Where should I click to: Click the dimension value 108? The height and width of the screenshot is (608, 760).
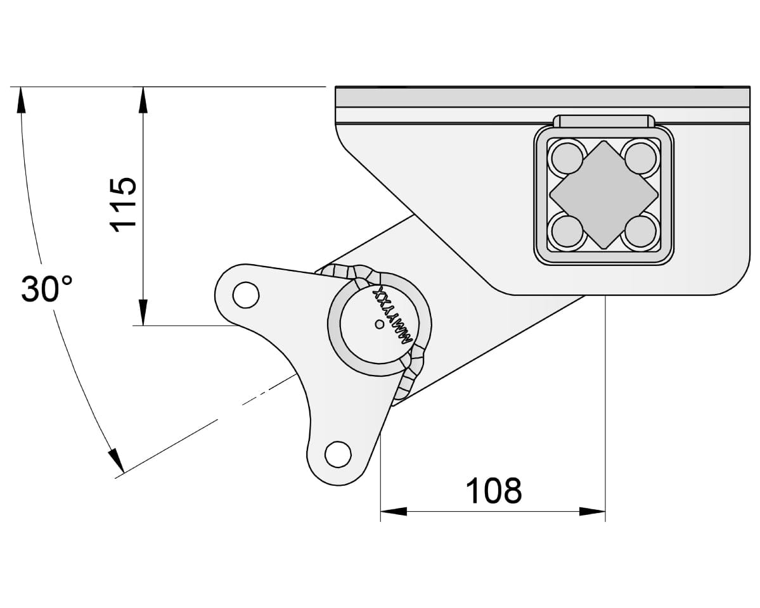pos(493,490)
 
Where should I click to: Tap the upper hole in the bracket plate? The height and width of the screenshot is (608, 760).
pos(245,294)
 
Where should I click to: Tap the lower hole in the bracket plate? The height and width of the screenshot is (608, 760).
pos(337,453)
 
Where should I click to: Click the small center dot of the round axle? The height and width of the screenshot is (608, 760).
pos(378,324)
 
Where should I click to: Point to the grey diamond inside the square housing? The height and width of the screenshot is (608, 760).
pos(603,194)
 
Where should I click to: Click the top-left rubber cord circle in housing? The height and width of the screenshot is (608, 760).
pos(566,157)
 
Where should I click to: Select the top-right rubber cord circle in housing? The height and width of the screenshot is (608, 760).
pos(640,157)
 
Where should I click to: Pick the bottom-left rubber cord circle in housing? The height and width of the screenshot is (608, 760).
pos(566,231)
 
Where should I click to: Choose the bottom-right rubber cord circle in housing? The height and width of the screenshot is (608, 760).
pos(640,231)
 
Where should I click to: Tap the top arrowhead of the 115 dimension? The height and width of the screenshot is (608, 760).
pos(143,98)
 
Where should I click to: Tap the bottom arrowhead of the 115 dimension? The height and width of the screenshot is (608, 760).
pos(143,313)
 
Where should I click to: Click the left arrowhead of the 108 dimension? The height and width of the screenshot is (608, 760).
pos(393,511)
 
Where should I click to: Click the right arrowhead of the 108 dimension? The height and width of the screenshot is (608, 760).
pos(593,511)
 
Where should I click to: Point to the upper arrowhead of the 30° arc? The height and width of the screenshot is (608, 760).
pos(22,99)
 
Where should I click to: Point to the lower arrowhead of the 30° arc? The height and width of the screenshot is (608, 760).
pos(115,461)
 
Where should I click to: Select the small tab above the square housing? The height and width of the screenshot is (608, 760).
pos(603,121)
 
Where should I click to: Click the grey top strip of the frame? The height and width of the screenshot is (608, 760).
pos(542,97)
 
